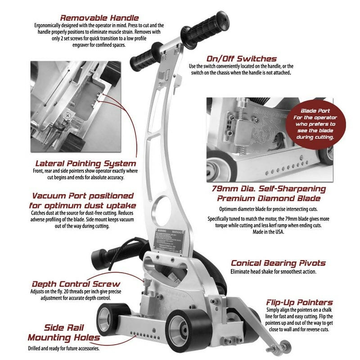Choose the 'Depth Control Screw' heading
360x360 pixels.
click(76, 284)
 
